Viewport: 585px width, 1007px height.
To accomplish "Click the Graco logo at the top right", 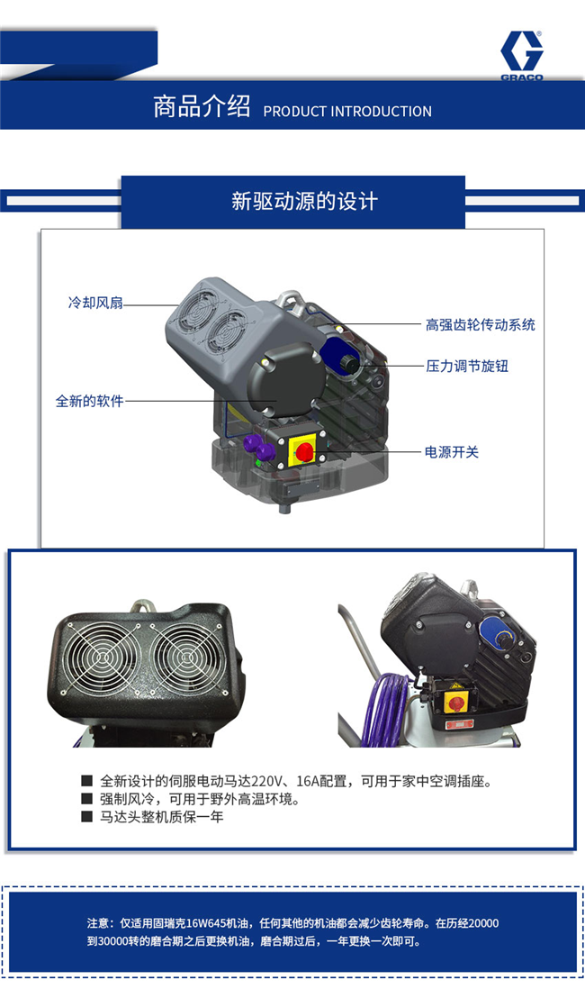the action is (x=521, y=55).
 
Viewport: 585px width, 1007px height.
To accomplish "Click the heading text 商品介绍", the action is (x=202, y=106).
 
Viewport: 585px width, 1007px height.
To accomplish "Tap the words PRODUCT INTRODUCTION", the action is (x=347, y=111).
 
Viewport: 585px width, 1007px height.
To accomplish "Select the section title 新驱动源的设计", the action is (x=305, y=201).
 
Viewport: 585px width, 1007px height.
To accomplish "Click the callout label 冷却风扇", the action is (x=95, y=303).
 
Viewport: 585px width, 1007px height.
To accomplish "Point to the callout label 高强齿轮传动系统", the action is (x=481, y=324).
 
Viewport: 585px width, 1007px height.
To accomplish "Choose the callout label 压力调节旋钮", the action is (x=467, y=366).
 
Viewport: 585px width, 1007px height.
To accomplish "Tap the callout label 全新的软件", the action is (x=89, y=401).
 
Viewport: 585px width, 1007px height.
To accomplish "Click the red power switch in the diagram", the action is (x=304, y=451).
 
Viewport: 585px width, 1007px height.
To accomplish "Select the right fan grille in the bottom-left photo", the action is (x=187, y=658).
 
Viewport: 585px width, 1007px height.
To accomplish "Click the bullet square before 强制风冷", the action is (x=86, y=799).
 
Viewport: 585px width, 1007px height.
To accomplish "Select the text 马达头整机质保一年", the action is (x=162, y=817).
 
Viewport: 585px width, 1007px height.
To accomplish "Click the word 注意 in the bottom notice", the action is (x=98, y=923).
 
